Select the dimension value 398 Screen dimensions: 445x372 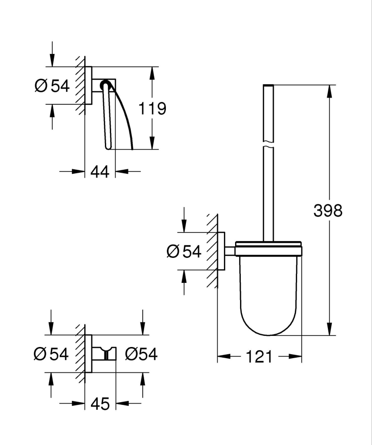328,210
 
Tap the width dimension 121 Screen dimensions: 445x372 259,356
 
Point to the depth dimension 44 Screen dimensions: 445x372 100,171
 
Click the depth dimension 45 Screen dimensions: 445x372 100,404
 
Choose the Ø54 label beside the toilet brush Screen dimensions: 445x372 184,252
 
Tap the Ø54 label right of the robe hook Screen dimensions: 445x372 141,354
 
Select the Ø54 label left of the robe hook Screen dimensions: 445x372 51,354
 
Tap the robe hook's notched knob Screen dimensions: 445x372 106,354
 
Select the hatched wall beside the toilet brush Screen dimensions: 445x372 212,252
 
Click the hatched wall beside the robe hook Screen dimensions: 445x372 80,354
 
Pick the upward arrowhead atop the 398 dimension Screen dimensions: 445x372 330,90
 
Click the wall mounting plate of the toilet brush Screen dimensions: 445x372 221,251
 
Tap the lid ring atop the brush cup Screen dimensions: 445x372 269,249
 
